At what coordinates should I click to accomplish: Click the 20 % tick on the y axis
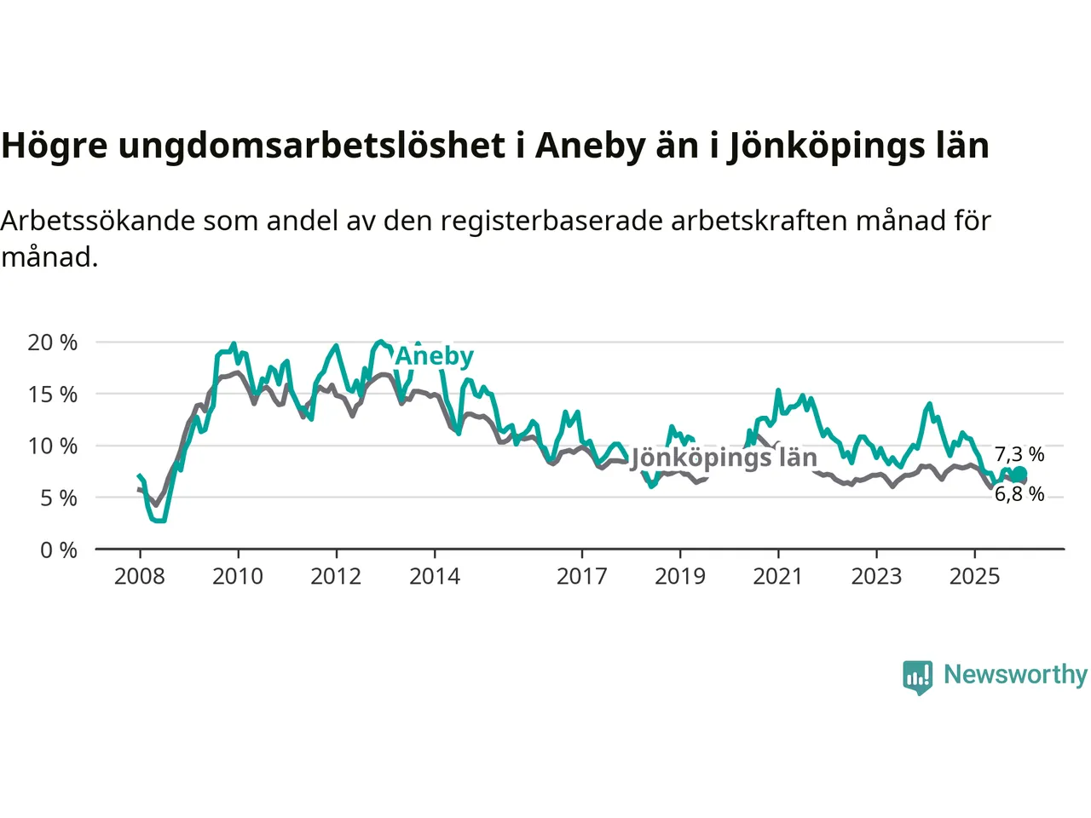[53, 343]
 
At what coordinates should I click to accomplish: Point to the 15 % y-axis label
[53, 395]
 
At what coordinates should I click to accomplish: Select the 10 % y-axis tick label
[53, 446]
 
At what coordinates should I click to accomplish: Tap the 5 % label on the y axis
[59, 498]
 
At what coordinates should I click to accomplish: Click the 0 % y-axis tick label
[59, 550]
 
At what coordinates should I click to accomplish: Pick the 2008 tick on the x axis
[140, 577]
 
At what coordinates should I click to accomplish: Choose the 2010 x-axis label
[238, 577]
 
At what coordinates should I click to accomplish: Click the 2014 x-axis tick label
[435, 577]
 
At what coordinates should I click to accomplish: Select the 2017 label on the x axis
[582, 577]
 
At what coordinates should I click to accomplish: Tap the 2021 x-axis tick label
[778, 577]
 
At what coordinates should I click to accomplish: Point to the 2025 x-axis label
[975, 577]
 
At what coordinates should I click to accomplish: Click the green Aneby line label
[435, 356]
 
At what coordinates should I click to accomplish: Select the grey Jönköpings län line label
[724, 458]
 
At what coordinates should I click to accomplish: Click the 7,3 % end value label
[1019, 455]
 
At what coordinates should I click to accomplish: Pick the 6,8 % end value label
[1019, 494]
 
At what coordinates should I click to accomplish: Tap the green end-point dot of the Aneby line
[1019, 475]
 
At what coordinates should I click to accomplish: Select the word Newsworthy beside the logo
[1015, 675]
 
